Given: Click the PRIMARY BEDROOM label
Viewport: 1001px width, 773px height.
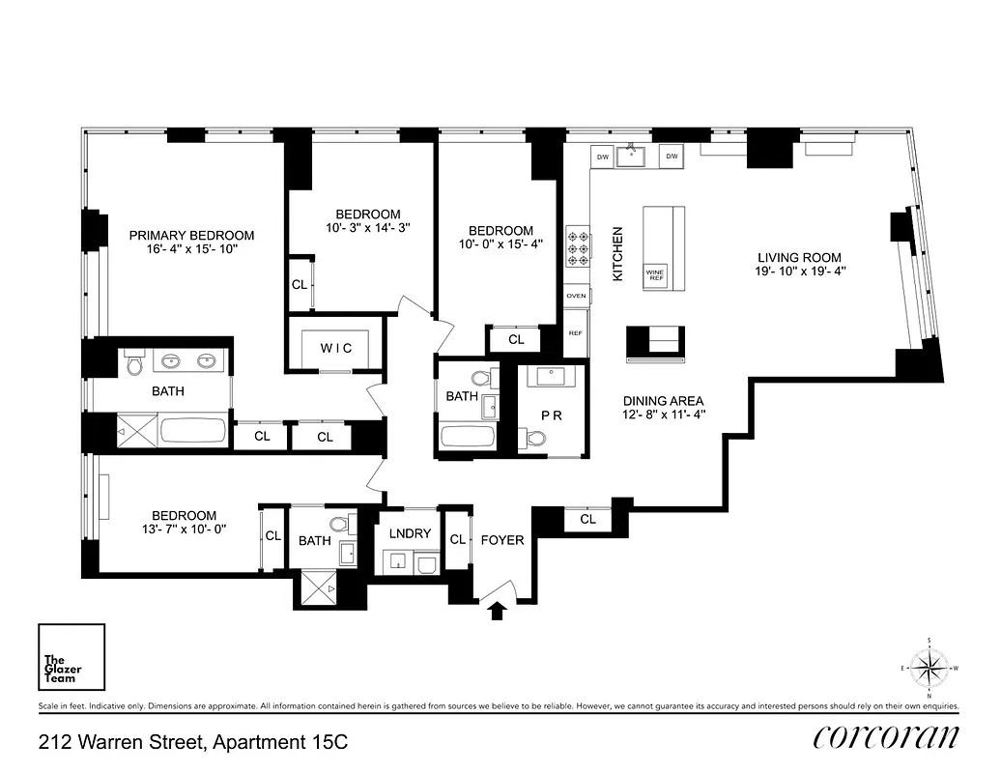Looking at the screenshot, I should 191,235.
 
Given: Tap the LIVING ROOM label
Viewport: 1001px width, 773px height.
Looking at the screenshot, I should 799,258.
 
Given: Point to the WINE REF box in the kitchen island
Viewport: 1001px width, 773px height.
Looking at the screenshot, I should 655,274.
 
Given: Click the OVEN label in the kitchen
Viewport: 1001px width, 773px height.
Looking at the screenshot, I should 576,296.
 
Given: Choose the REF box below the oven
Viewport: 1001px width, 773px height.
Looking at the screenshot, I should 576,332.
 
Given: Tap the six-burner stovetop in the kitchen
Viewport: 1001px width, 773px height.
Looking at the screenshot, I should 578,246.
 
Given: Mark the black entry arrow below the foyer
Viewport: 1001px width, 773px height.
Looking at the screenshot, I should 498,610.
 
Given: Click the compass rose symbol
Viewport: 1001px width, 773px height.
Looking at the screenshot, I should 929,667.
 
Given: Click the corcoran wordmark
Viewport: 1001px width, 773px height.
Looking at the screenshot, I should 886,737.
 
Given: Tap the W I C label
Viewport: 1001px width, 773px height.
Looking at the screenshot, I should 335,348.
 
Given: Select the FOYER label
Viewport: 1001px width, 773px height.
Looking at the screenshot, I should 502,540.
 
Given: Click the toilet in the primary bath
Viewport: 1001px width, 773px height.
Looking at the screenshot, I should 134,364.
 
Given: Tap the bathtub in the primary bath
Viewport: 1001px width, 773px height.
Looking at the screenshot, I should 193,430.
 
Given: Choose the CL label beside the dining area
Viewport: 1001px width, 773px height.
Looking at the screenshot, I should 588,520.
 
